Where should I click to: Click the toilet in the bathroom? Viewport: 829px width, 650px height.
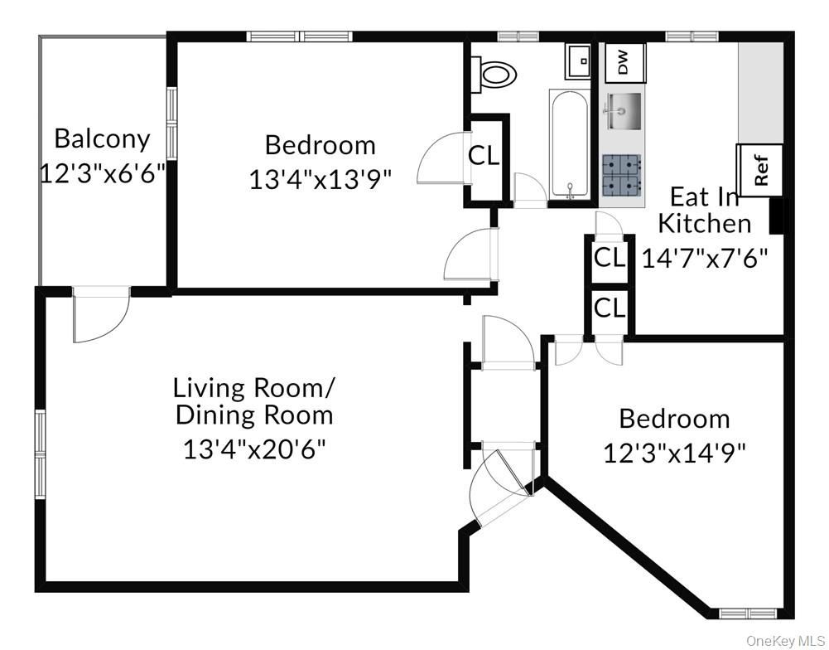495,74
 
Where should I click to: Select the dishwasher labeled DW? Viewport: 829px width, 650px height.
624,62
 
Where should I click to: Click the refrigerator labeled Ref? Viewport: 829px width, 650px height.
759,171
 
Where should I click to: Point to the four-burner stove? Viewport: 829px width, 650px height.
622,173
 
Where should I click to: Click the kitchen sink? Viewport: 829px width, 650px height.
624,111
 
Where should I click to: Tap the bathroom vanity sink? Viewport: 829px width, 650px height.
578,61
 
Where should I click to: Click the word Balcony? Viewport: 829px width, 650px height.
103,138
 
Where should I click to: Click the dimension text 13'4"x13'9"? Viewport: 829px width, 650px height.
321,179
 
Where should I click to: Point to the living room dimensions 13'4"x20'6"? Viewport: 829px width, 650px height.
253,449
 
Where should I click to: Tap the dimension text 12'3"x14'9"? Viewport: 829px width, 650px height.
675,454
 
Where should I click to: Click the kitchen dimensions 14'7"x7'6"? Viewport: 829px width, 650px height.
705,259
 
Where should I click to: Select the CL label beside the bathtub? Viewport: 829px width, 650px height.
484,156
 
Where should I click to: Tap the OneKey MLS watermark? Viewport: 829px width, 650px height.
786,641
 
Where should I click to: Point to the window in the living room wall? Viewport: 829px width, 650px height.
41,454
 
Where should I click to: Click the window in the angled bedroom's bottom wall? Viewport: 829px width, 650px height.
749,614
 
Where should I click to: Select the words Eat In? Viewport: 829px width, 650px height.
704,196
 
